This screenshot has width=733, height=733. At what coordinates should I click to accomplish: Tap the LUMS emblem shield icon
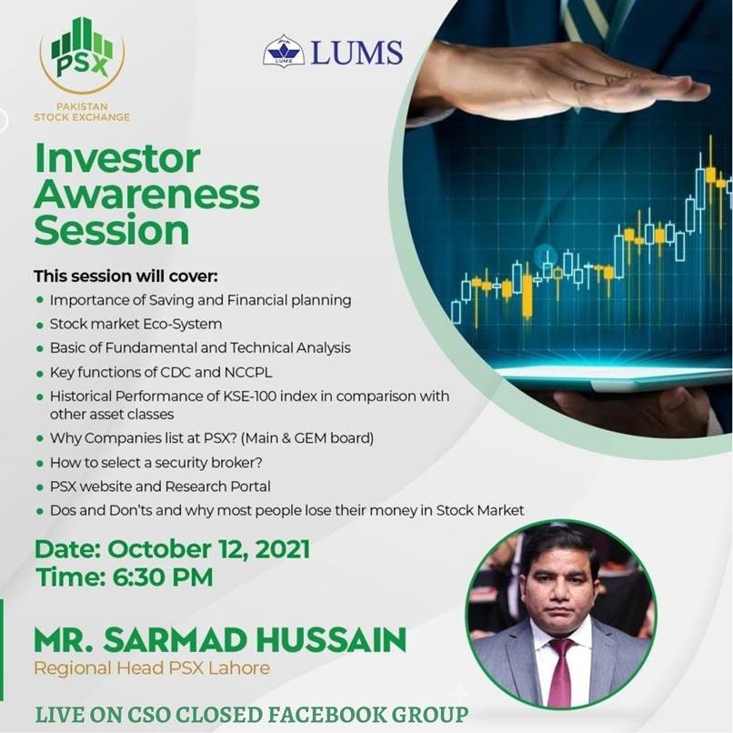point(284,50)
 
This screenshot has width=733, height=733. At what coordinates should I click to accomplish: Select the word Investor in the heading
point(117,158)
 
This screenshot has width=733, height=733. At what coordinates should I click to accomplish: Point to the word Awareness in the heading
point(146,195)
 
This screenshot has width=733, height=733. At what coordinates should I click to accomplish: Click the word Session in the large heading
point(112,230)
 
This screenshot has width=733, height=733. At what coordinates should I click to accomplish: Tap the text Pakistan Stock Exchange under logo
point(82,112)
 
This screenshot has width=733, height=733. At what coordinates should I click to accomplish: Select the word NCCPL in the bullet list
point(247,372)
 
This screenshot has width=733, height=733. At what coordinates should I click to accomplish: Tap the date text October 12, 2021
point(208,548)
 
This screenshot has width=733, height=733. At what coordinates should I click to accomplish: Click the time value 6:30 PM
point(163,577)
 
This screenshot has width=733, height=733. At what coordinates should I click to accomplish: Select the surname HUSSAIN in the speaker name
point(331,640)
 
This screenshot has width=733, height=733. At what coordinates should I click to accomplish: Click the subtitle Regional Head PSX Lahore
point(152,668)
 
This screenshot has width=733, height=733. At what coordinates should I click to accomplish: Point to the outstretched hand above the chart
point(561,79)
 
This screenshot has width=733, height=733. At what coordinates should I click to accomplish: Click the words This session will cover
point(126,276)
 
